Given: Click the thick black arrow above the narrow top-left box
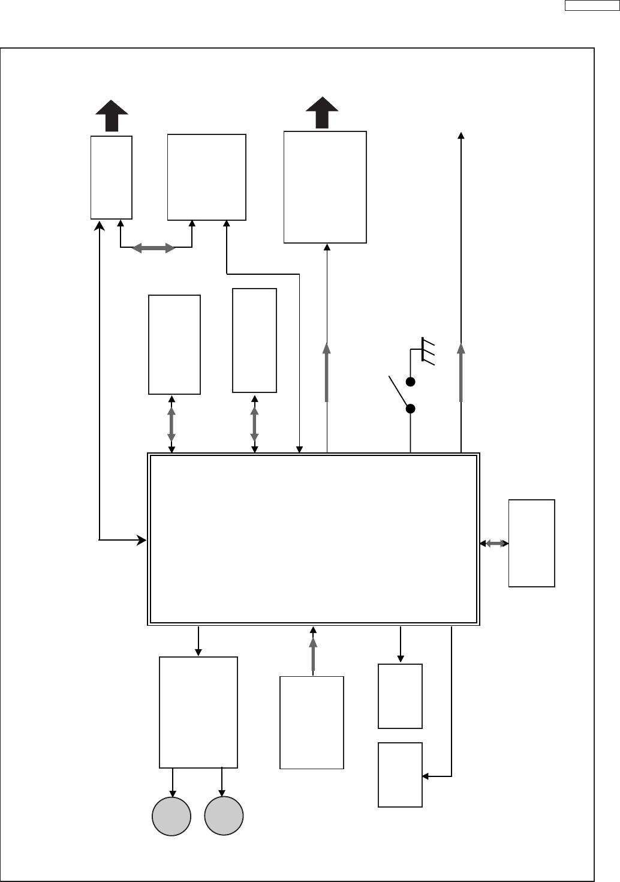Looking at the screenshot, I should (x=112, y=115).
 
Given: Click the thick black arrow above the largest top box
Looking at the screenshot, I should (x=322, y=112).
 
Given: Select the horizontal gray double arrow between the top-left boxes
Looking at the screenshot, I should (x=153, y=248).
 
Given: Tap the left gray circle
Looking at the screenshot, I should (x=171, y=816).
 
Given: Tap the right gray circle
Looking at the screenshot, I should (x=224, y=816).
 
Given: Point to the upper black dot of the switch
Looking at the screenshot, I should (x=411, y=382).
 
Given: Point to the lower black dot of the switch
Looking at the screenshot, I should (x=411, y=409).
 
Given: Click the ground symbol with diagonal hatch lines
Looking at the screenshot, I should (x=428, y=351).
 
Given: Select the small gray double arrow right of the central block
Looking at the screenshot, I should (x=495, y=544).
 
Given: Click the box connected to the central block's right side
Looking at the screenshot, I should (x=531, y=543).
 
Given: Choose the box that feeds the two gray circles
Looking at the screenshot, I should (x=198, y=712).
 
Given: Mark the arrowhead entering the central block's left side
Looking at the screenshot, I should (x=143, y=540).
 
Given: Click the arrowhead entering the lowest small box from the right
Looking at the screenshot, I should (x=425, y=776).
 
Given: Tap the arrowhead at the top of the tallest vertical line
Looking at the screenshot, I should (x=461, y=136).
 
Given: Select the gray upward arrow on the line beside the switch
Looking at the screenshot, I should (x=461, y=372).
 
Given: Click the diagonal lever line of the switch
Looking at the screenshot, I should (x=398, y=390).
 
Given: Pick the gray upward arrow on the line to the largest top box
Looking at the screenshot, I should (x=327, y=372).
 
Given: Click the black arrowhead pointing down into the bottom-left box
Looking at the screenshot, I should (x=198, y=653).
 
